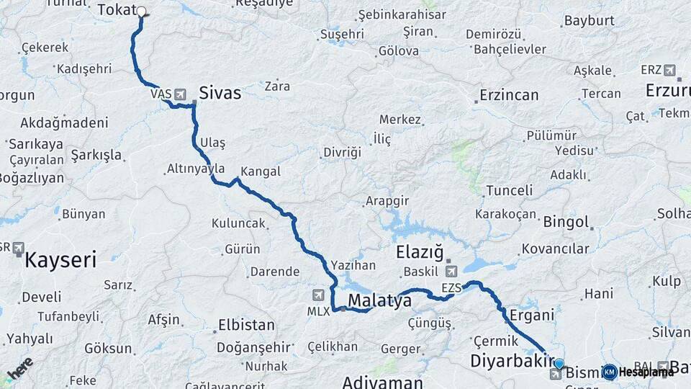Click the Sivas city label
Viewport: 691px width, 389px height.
coord(220,93)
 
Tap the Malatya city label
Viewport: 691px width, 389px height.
coord(379,300)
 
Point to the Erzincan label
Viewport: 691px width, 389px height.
coord(509,95)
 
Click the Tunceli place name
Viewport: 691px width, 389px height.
coord(509,191)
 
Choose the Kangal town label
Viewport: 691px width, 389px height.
coord(260,172)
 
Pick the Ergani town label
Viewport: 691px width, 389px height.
coord(531,315)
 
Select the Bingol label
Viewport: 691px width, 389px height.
coord(565,222)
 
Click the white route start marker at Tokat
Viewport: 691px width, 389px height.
coord(142,12)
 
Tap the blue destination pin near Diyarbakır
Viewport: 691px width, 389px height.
coord(559,364)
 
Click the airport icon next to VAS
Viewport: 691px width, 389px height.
coord(179,94)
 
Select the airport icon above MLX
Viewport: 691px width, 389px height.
coord(318,295)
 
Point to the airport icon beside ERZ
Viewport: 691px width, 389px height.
coord(670,71)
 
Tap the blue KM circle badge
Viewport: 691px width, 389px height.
coord(610,372)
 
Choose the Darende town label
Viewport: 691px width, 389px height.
coord(274,272)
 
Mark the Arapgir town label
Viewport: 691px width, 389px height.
coord(387,200)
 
